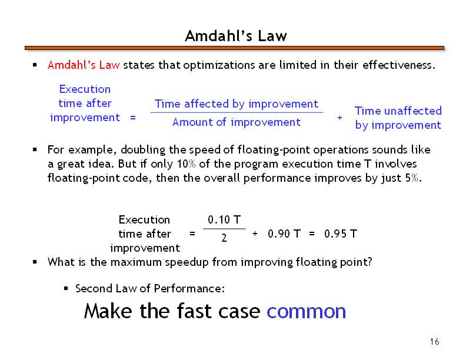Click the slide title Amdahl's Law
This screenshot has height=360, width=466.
pos(236,36)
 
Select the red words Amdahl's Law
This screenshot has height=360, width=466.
pos(84,65)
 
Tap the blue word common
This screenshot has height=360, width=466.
pos(306,311)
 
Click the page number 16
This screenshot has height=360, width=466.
pos(434,342)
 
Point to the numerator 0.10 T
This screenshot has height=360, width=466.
pos(224,220)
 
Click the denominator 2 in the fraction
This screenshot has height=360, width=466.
pos(224,238)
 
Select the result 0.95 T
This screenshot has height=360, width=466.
pos(341,234)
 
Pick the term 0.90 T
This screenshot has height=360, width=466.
pos(284,234)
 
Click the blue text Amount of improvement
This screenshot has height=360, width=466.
pos(237,122)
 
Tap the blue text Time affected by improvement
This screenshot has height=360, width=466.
pos(237,104)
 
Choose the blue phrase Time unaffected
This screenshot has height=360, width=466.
pos(398,111)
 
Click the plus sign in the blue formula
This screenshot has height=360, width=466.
pos(339,118)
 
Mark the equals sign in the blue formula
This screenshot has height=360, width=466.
pos(133,118)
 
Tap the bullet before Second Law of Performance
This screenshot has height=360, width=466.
pos(66,288)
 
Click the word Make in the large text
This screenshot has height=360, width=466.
pos(108,311)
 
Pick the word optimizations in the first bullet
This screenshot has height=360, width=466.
pos(219,65)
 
